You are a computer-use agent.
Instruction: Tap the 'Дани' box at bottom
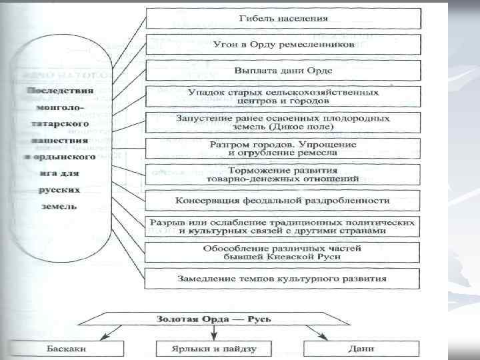coord(361,348)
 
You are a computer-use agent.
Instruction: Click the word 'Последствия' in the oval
coord(61,90)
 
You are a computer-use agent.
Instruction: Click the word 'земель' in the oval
coord(61,206)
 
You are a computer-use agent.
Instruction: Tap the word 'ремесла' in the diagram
coord(319,153)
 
